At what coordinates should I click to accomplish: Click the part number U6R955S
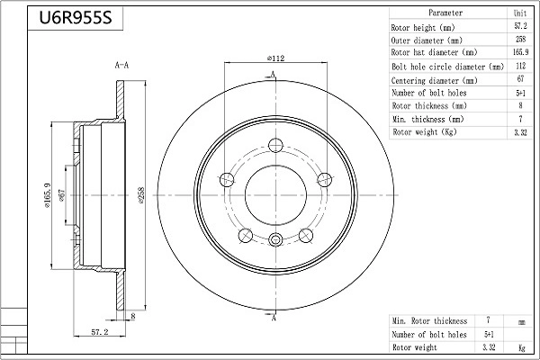tap(76, 18)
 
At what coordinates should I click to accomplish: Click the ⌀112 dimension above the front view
tap(276, 58)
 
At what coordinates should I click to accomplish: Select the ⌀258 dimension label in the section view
tap(141, 195)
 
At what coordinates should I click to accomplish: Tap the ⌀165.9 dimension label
tap(47, 195)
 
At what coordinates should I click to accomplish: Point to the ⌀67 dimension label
tap(62, 195)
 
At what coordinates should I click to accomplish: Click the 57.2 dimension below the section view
tap(100, 332)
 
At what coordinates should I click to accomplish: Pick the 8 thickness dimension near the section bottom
tap(133, 316)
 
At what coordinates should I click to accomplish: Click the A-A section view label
tap(121, 65)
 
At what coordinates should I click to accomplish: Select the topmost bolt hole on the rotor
tap(275, 145)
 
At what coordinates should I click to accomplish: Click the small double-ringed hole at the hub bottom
tap(275, 239)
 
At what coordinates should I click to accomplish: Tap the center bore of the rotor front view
tap(275, 195)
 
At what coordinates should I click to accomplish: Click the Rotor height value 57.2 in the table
tap(520, 26)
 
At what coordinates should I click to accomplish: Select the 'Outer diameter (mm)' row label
tap(427, 40)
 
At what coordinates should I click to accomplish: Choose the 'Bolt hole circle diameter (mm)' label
tap(447, 67)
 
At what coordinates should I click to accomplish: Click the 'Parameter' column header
tap(445, 13)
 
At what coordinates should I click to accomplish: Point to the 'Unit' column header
tap(520, 13)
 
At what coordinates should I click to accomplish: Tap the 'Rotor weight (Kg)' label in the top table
tap(424, 132)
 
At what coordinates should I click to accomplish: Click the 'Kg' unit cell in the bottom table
tap(521, 347)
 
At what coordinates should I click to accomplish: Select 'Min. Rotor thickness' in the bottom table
tap(429, 321)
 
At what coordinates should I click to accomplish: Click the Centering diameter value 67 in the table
tap(520, 79)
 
